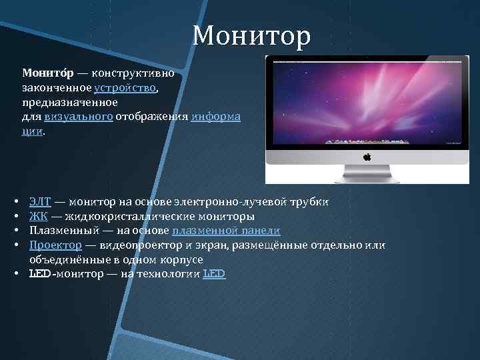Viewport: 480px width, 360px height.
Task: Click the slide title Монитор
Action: tap(251, 36)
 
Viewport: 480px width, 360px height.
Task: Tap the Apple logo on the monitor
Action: tap(367, 157)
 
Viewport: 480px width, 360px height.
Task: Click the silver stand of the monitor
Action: tap(367, 174)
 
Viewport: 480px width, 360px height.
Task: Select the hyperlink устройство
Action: tap(125, 88)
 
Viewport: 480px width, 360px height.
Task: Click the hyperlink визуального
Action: tap(79, 117)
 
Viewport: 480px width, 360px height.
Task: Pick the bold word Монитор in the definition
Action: tap(48, 73)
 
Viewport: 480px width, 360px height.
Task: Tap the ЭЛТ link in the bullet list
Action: tap(41, 202)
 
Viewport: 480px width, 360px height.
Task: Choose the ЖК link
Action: tap(39, 217)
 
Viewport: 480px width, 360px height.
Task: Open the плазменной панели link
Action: tap(226, 231)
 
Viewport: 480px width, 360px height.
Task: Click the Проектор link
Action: tap(56, 245)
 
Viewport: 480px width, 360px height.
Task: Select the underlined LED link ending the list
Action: tap(214, 273)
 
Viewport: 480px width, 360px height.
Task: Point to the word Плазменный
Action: tap(64, 231)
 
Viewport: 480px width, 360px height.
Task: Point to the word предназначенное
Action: tap(70, 102)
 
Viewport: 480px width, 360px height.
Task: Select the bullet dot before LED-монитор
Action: tap(16, 273)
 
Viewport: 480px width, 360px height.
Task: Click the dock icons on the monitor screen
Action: tap(367, 141)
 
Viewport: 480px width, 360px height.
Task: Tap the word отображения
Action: tap(151, 117)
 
